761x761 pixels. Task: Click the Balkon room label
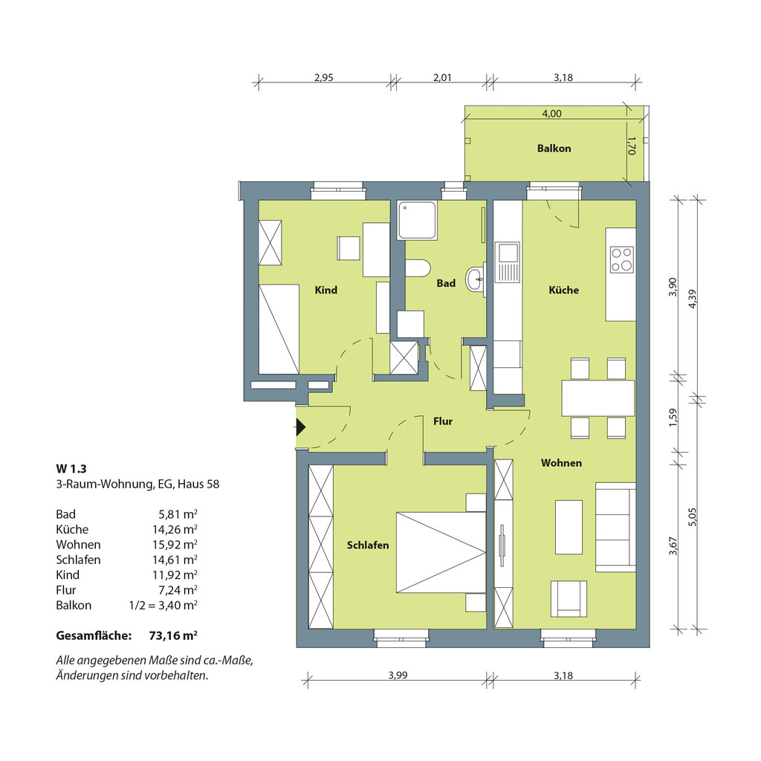point(554,149)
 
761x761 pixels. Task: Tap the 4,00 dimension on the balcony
point(552,114)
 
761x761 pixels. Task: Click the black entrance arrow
point(301,427)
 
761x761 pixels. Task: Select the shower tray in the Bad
point(417,221)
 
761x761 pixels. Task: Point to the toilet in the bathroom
point(418,268)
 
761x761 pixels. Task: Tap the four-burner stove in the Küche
point(622,259)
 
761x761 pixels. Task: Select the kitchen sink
point(507,262)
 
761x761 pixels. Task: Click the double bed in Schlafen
point(441,552)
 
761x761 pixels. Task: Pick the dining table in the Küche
point(598,398)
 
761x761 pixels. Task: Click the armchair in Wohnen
point(569,599)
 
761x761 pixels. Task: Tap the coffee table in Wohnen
point(569,527)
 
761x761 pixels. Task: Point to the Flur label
point(443,421)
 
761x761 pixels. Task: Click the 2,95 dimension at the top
point(324,77)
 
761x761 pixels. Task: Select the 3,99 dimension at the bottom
point(398,675)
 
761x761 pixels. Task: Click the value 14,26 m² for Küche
point(175,529)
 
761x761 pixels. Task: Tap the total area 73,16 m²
point(173,635)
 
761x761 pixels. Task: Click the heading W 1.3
point(71,469)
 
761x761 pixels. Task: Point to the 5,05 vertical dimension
point(693,517)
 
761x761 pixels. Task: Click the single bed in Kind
point(279,329)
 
